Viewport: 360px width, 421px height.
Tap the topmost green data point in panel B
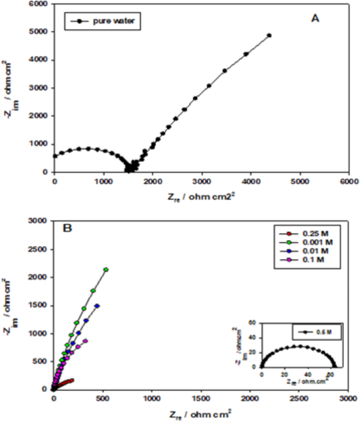[x=106, y=270]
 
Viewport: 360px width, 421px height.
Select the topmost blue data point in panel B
[x=97, y=306]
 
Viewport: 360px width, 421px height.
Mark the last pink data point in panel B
[x=85, y=341]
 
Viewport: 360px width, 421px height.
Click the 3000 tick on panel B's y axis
[x=42, y=222]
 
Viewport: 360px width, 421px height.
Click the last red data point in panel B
[x=71, y=380]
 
